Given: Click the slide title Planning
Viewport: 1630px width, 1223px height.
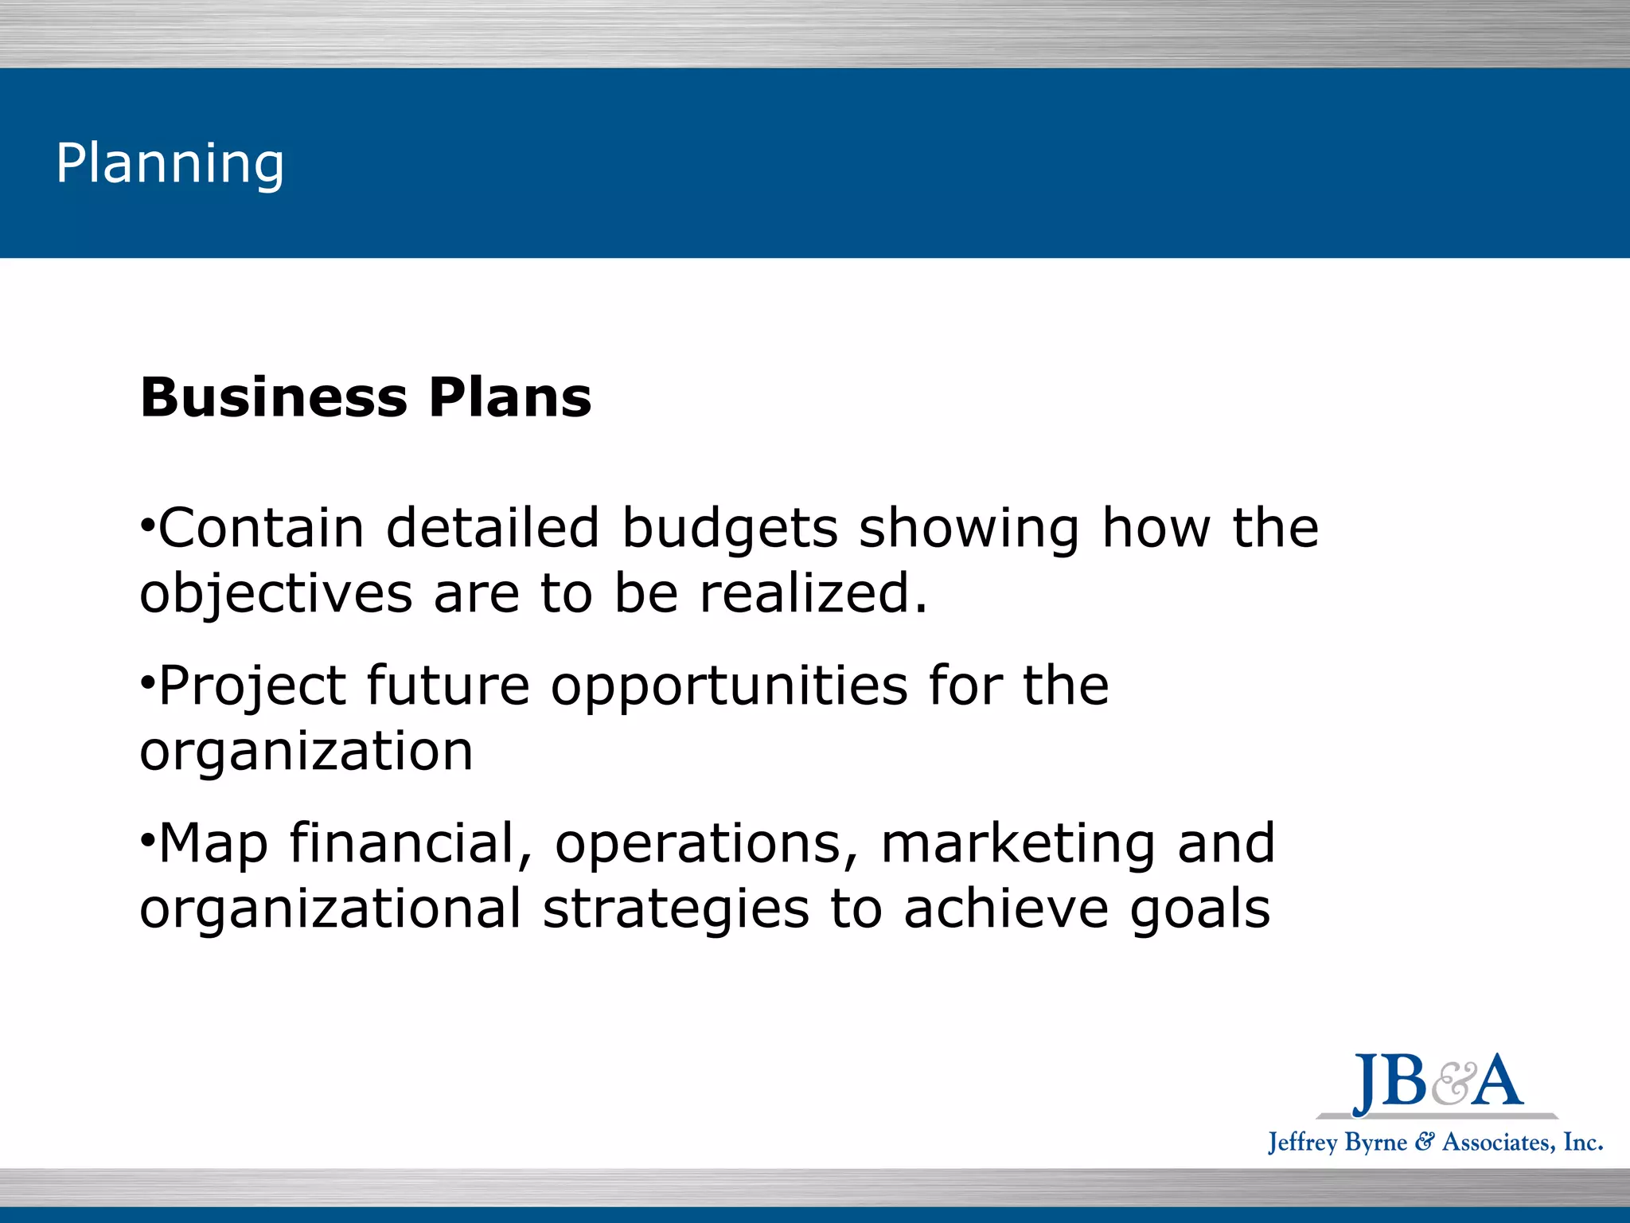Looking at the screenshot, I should click(x=170, y=164).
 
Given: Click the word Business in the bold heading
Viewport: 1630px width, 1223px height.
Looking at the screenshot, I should click(x=274, y=397).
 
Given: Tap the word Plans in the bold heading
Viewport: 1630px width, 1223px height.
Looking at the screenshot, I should click(x=510, y=397).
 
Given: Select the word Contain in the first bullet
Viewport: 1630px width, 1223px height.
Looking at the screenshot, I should click(x=261, y=528).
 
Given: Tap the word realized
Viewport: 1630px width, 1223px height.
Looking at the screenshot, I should click(x=813, y=594).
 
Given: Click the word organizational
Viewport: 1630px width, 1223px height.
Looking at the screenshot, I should click(x=330, y=909).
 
